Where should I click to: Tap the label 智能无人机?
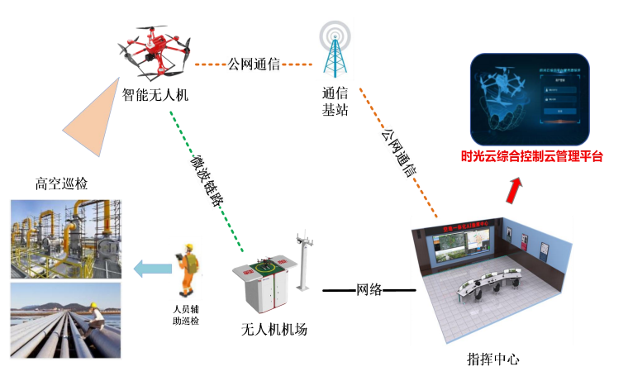[x=155, y=94]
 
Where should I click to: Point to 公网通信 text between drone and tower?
[x=254, y=64]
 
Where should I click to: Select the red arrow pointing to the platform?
[x=515, y=191]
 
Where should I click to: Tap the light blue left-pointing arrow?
[x=148, y=267]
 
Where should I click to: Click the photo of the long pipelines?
[x=65, y=321]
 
